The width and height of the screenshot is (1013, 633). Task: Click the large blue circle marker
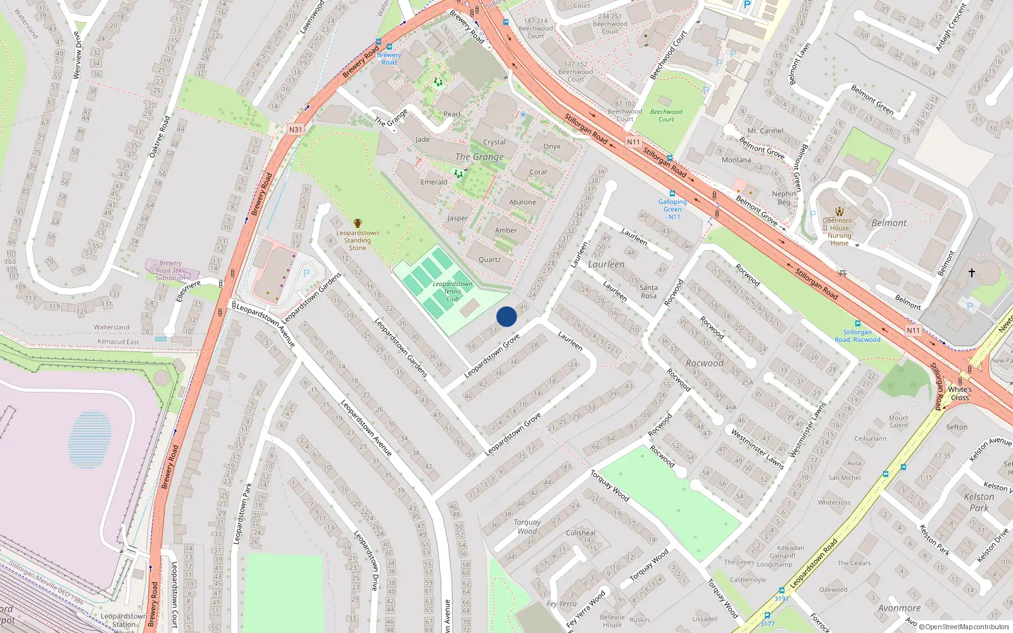point(507,316)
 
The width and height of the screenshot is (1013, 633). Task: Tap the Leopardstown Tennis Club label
point(453,291)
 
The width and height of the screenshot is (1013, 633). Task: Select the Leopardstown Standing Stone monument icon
point(358,223)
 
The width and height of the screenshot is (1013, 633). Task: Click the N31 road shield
point(296,130)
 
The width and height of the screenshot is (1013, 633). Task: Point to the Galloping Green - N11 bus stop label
point(672,209)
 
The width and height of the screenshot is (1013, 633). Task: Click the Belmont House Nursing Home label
point(840,232)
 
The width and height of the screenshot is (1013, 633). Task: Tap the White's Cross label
point(960,394)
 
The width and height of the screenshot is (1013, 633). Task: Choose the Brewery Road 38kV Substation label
point(170,270)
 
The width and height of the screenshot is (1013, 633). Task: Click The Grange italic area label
point(479,156)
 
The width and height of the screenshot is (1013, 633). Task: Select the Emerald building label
point(434,182)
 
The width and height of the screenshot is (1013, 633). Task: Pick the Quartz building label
point(489,260)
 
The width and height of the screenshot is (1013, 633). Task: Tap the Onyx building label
point(551,146)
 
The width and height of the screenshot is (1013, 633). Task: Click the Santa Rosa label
point(648,292)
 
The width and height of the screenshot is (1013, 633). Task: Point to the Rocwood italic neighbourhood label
point(704,363)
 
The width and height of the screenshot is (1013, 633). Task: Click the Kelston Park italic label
point(979,502)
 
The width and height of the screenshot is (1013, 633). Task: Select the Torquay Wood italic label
point(527,527)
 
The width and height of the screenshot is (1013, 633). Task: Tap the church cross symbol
point(971,273)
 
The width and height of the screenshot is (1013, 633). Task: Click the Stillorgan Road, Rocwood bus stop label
point(857,335)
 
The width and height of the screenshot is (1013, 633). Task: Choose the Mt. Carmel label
point(765,131)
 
